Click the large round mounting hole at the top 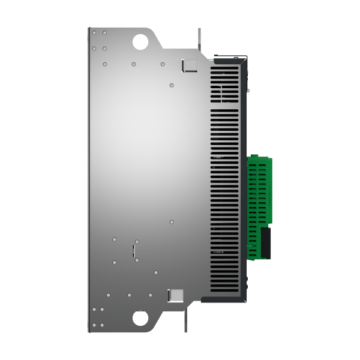(140, 41)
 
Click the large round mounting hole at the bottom (140, 317)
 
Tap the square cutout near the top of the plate (189, 65)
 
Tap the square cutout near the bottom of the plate (176, 295)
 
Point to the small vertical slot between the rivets (133, 250)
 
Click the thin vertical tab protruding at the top (199, 37)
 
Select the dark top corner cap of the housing (228, 58)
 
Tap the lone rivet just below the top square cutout (172, 85)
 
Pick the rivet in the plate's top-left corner (94, 33)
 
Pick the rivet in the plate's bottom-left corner (94, 325)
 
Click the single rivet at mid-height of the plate (172, 221)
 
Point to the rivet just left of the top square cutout (163, 64)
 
